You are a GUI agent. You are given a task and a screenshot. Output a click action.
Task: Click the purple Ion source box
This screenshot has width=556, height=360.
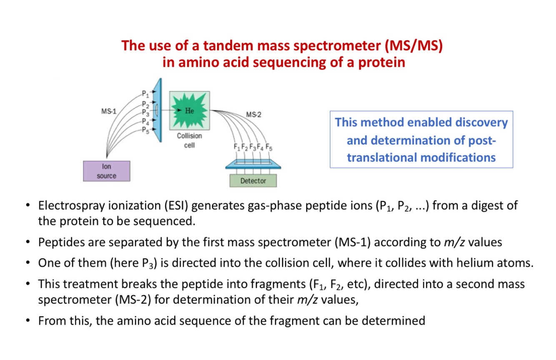(x=106, y=171)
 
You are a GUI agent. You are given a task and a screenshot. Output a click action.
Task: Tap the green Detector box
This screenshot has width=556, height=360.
(x=253, y=181)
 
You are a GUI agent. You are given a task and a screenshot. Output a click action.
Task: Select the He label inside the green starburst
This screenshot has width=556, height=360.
(x=189, y=111)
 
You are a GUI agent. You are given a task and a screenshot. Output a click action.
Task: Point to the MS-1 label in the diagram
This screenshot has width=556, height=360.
(x=109, y=111)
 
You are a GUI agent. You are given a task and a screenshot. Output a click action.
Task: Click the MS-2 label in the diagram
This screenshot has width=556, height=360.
(x=253, y=114)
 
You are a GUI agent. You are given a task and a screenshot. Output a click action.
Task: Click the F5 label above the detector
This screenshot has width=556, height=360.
(x=269, y=147)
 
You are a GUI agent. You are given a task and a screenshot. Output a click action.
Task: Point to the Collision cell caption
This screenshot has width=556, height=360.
(x=189, y=140)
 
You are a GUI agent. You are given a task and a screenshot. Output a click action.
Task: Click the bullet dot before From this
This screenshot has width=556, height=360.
(x=28, y=321)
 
